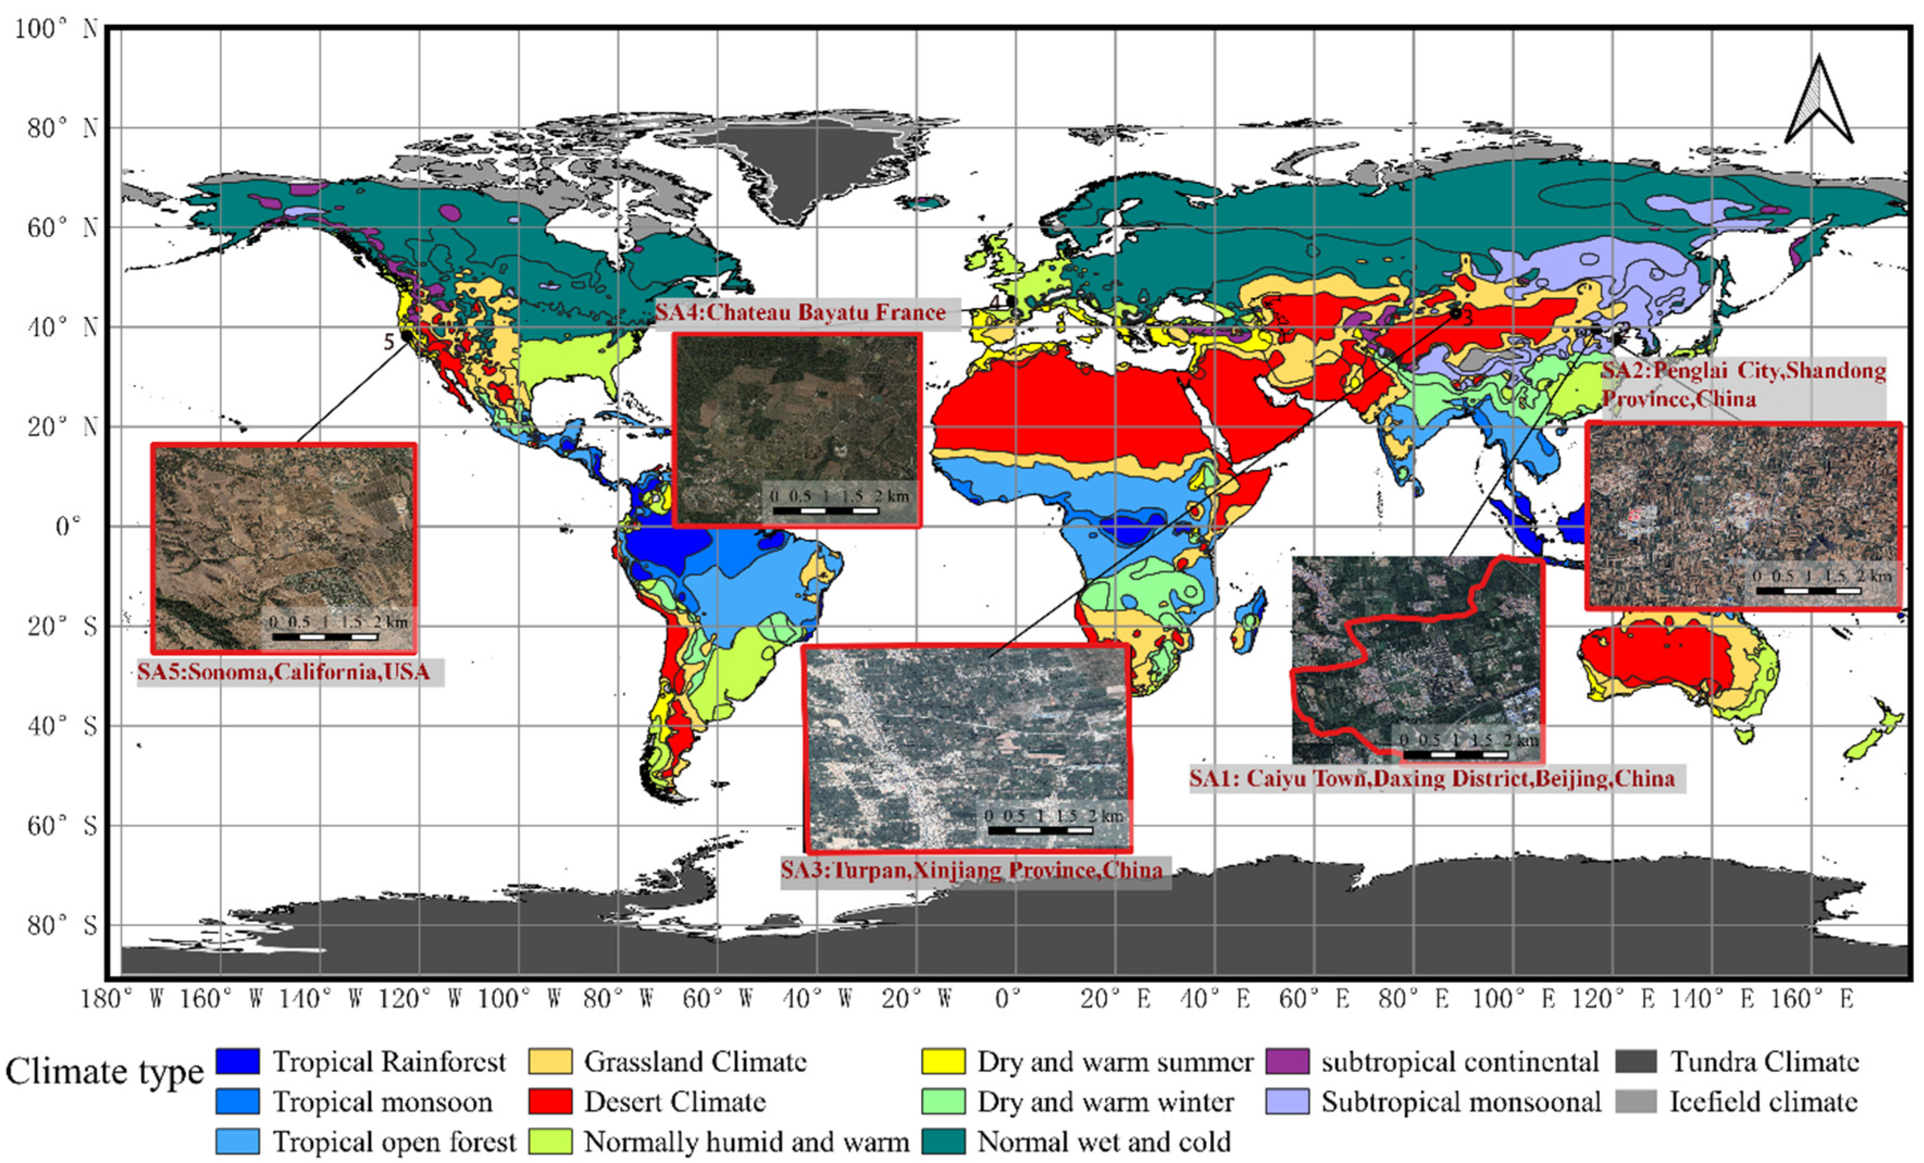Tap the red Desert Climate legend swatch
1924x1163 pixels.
click(x=550, y=1102)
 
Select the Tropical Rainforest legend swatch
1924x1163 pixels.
click(x=238, y=1061)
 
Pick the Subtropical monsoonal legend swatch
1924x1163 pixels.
click(x=1287, y=1102)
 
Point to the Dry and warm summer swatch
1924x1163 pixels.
click(x=943, y=1061)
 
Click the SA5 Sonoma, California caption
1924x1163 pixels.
click(x=284, y=672)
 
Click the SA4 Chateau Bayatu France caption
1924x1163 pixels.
click(x=800, y=312)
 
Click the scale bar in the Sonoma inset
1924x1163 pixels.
click(x=325, y=636)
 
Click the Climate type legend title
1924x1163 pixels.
click(x=104, y=1072)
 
